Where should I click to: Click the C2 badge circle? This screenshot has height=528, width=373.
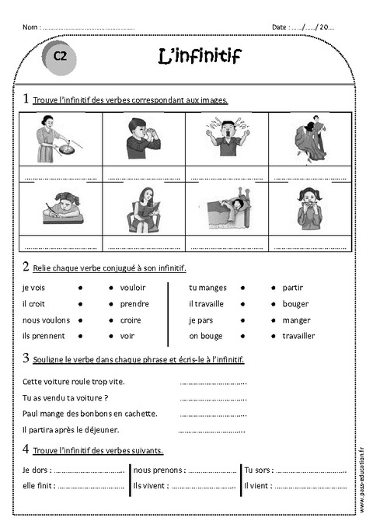[61, 56]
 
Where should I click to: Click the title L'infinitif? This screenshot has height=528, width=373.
[200, 56]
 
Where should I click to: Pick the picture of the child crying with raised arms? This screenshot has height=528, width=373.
[227, 138]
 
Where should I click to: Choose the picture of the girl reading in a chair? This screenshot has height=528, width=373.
[144, 208]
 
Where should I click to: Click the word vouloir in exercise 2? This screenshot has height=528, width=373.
[133, 288]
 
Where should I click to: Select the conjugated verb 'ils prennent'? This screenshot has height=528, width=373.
[44, 336]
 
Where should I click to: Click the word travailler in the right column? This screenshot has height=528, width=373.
[298, 336]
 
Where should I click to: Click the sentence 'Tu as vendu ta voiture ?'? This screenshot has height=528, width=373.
[65, 397]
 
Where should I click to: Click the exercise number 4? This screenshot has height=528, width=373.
[26, 449]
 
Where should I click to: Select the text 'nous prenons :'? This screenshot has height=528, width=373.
[159, 470]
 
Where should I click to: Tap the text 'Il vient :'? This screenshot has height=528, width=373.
[258, 486]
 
